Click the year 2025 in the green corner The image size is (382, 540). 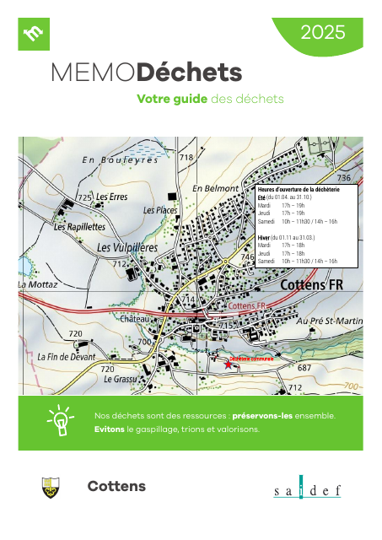point(323,33)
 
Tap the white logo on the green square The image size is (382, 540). point(35,34)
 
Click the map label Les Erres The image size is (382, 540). point(111,197)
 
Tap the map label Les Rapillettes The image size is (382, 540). point(79,227)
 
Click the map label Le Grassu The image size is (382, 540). point(120,380)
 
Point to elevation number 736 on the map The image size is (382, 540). point(344,179)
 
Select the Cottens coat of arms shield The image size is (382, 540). point(51,487)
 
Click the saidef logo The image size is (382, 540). point(307,491)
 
